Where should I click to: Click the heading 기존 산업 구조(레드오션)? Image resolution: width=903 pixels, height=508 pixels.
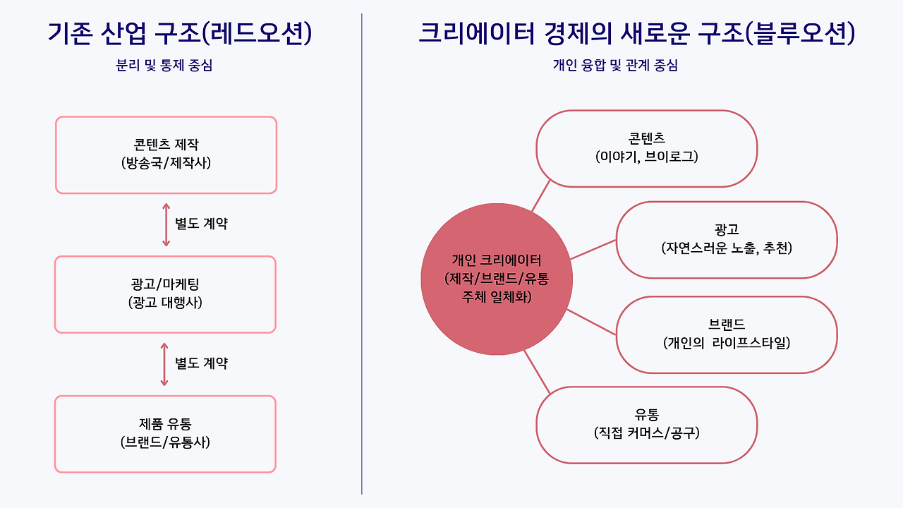[179, 34]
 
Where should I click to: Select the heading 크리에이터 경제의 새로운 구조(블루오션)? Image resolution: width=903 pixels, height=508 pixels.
[636, 34]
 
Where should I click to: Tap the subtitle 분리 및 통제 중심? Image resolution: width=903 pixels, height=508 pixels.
[164, 66]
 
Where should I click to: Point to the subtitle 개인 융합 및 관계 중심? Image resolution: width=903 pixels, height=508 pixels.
[615, 66]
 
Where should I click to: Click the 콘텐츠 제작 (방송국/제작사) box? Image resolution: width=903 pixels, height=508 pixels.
[166, 155]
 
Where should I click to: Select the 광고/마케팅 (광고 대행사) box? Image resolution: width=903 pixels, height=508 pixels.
[165, 294]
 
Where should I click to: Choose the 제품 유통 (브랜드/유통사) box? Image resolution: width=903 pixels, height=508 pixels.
[165, 434]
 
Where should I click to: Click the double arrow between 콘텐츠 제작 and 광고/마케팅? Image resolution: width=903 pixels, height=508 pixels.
[166, 225]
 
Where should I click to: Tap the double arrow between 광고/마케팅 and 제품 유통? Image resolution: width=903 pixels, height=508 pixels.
[164, 364]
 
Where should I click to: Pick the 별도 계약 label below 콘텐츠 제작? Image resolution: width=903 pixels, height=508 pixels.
[202, 225]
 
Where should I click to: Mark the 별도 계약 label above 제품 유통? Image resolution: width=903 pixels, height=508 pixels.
[202, 364]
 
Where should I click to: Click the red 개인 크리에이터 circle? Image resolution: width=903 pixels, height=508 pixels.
[496, 279]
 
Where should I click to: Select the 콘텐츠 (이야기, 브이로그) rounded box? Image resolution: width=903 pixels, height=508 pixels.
[646, 148]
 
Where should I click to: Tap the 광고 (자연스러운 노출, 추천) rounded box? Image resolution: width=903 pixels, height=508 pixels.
[727, 240]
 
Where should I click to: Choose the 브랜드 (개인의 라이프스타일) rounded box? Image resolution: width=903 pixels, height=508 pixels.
[727, 334]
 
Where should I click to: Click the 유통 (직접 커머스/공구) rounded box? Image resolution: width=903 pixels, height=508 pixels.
[646, 425]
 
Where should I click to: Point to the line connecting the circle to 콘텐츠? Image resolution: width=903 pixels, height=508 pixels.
[540, 196]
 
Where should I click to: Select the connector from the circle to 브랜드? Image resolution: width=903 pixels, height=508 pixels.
[592, 321]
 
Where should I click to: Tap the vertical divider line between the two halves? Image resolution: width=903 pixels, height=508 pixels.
[362, 254]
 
